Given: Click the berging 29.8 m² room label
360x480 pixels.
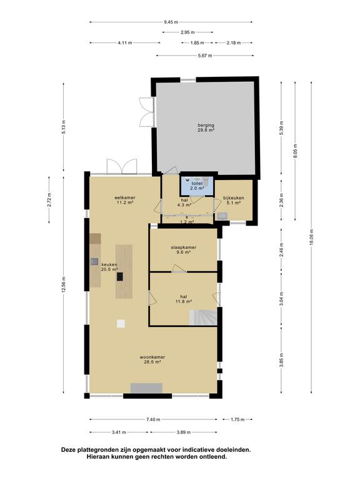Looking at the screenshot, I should [206, 127].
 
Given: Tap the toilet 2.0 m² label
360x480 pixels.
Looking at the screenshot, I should [197, 186].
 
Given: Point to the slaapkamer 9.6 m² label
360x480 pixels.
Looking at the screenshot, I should [184, 250].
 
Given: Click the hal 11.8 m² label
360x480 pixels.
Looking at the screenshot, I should [183, 298].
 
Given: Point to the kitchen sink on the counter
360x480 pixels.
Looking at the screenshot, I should [94, 262].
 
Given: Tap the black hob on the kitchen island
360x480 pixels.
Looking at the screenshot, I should [121, 276].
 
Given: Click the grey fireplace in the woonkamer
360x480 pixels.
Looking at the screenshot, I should [146, 388].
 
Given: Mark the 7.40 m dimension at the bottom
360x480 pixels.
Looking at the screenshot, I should [152, 420].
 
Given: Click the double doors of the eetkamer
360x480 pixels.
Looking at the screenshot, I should [121, 167].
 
